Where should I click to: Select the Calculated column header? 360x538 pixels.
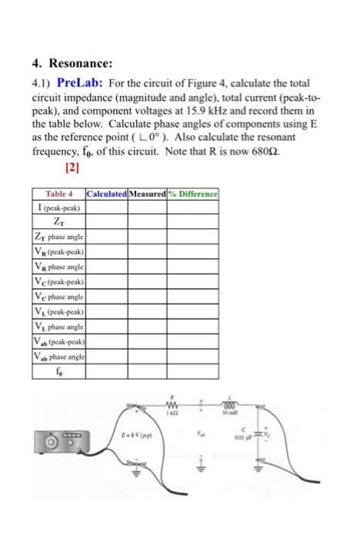pyautogui.click(x=108, y=193)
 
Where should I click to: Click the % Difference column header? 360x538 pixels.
pyautogui.click(x=195, y=193)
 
